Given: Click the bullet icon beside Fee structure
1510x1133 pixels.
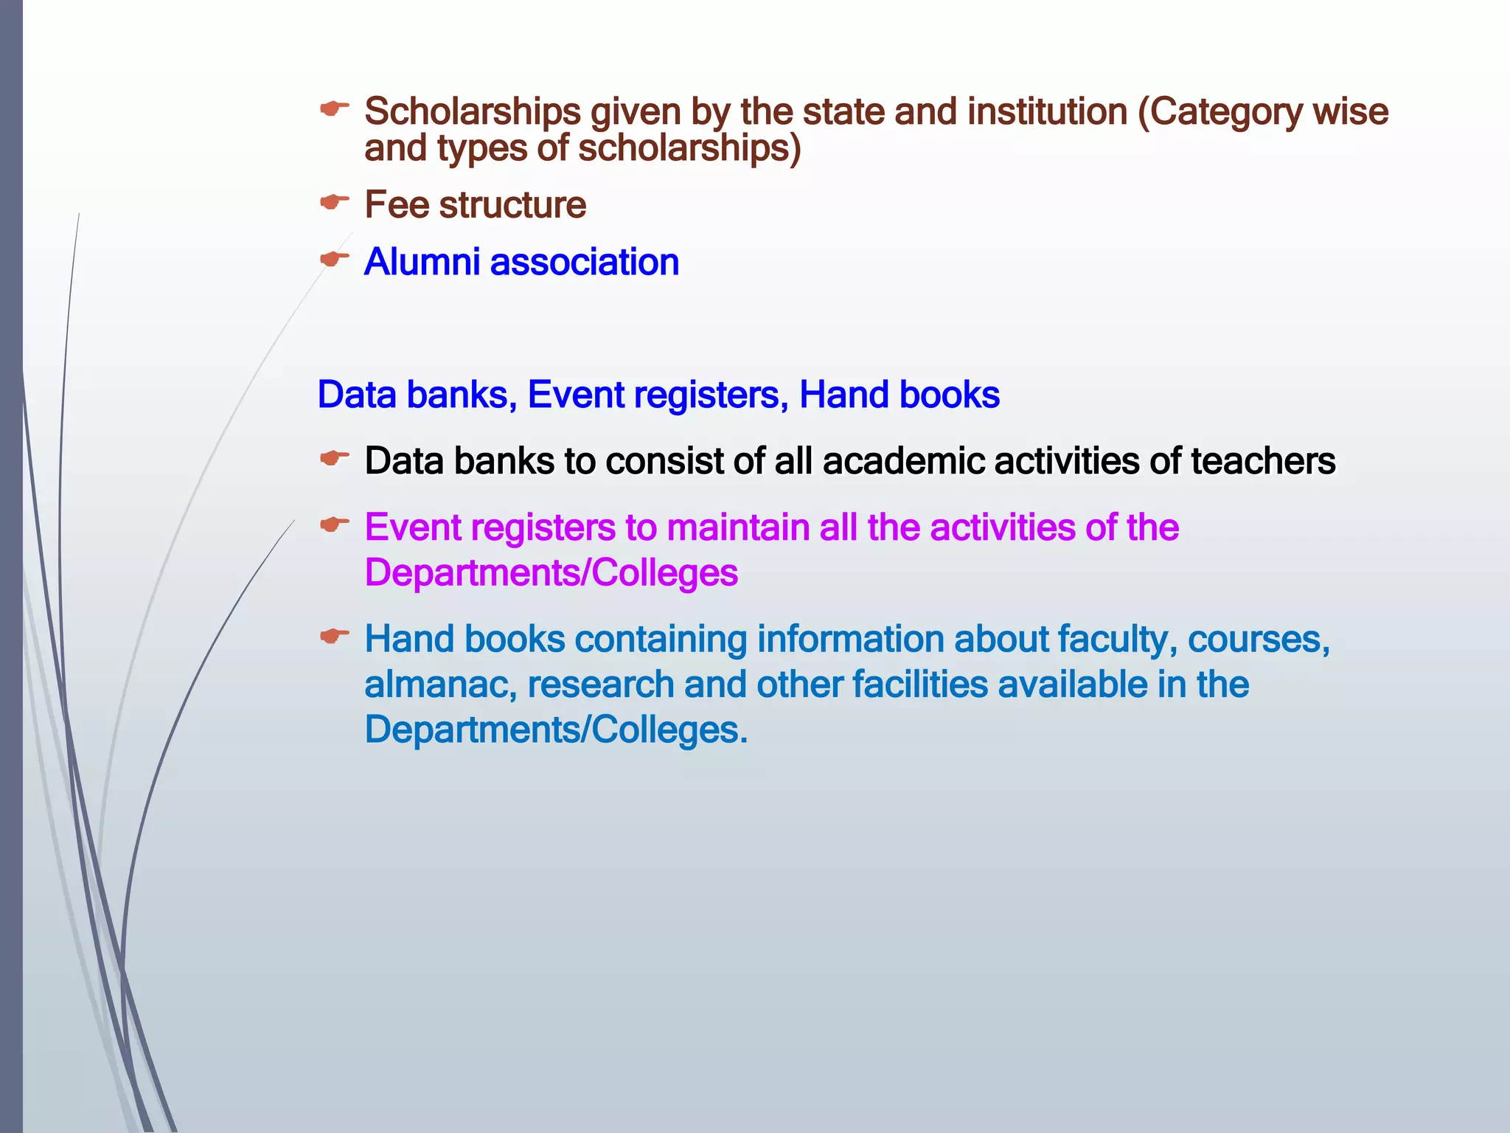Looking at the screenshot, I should (334, 201).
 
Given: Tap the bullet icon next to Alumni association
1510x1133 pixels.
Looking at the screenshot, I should (334, 259).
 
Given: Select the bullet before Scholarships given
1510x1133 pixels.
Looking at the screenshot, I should (334, 109).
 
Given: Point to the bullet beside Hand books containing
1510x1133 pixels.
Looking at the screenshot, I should (334, 636).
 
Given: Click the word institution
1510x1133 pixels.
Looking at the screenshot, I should (1047, 112).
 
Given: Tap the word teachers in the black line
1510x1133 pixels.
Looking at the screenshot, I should (1262, 462).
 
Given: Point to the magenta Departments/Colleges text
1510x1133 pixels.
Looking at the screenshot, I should (551, 573).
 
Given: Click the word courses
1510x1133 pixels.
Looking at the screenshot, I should (1258, 640).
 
